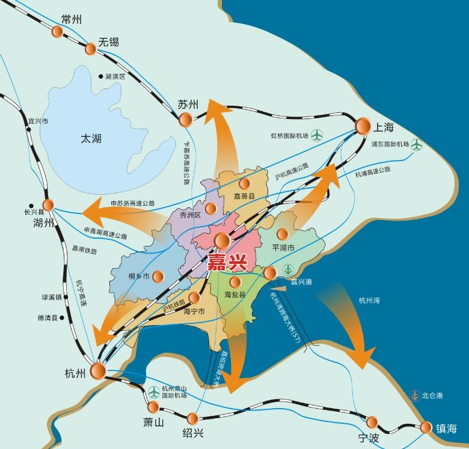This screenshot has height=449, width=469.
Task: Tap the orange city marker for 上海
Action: pyautogui.click(x=363, y=126)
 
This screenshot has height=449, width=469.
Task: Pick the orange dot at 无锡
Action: pyautogui.click(x=91, y=48)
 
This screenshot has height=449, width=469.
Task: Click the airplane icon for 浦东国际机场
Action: pyautogui.click(x=417, y=144)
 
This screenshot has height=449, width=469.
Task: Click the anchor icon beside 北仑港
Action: pyautogui.click(x=414, y=395)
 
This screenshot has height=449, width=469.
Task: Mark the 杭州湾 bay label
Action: pyautogui.click(x=369, y=301)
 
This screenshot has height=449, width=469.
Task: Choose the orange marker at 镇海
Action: pyautogui.click(x=426, y=427)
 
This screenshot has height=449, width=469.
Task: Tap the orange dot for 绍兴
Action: pyautogui.click(x=192, y=418)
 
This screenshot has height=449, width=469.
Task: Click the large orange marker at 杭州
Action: pyautogui.click(x=97, y=370)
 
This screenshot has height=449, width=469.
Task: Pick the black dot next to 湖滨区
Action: pyautogui.click(x=100, y=77)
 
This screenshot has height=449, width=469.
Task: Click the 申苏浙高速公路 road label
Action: pyautogui.click(x=132, y=204)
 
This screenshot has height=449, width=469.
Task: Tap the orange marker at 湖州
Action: pyautogui.click(x=48, y=205)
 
